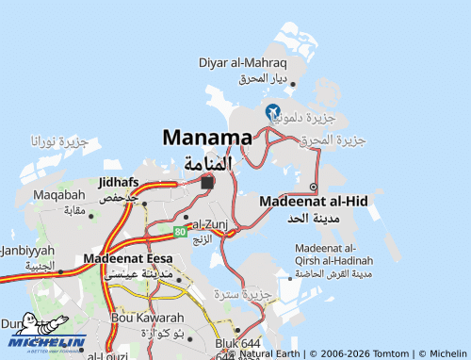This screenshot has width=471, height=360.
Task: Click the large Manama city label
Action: [x=207, y=138]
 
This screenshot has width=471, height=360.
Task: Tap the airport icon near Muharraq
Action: [x=273, y=111]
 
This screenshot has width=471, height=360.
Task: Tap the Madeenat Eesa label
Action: [x=128, y=258]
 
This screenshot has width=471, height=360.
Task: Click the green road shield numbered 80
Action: [x=180, y=230]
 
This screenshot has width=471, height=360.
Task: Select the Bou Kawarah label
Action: [x=147, y=319]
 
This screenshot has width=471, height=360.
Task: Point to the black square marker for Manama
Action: [x=207, y=182]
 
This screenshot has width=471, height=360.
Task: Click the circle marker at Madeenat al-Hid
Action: [x=313, y=187]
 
